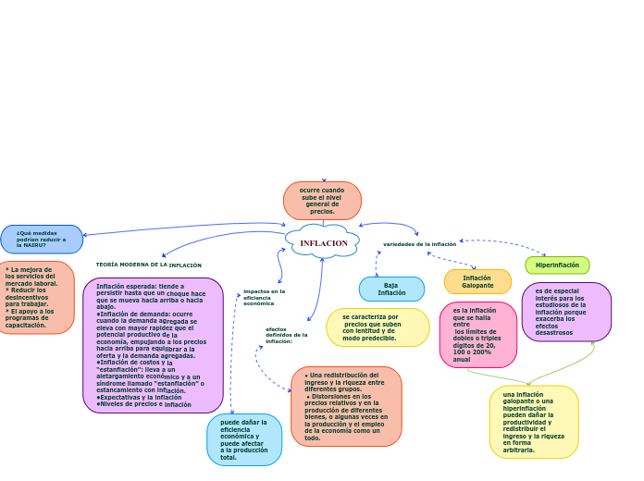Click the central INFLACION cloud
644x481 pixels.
pos(323,242)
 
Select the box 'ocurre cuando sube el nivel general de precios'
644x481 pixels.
pos(322,201)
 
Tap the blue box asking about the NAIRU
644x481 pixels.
pos(42,239)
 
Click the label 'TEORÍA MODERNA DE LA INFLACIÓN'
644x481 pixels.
pos(148,265)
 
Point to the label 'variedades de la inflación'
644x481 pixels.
pos(419,244)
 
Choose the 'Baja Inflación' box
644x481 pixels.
pos(391,290)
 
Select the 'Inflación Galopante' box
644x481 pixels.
pos(477,281)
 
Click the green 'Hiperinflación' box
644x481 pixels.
pos(557,265)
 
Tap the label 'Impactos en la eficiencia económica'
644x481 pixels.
pos(264,297)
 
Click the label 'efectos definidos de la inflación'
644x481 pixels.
pos(286,335)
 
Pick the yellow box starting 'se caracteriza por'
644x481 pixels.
pos(378,327)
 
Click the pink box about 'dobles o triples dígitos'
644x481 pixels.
pos(477,334)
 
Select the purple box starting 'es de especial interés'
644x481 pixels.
pos(566,312)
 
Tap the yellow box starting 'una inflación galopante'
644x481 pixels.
pos(534,422)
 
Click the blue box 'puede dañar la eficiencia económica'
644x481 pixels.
pos(244,439)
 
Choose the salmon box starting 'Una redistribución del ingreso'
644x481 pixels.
pos(346,406)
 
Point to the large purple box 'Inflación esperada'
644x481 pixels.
pos(153,345)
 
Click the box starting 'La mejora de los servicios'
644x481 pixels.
pos(35,297)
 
